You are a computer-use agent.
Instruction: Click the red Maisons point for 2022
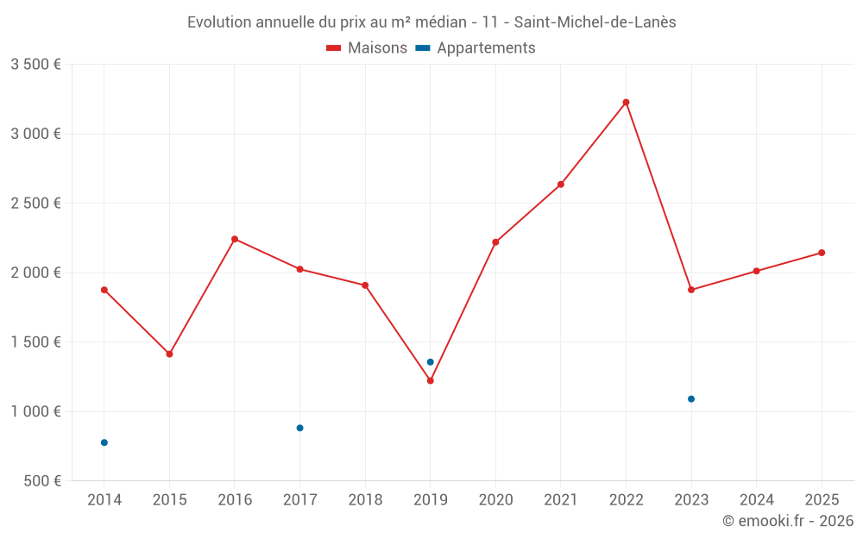tap(626, 103)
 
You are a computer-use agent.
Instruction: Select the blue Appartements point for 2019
tap(430, 362)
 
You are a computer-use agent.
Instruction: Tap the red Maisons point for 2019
tap(430, 380)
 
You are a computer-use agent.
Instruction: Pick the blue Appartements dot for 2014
tap(104, 442)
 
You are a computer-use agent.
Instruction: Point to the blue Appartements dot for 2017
tap(299, 428)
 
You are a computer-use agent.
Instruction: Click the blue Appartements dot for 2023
tap(691, 399)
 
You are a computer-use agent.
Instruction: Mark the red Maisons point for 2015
tap(169, 354)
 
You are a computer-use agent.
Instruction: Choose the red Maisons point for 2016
tap(235, 239)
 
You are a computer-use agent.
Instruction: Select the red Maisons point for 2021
tap(561, 185)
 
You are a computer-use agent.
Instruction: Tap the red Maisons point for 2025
tap(822, 253)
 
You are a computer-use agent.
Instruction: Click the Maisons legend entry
tap(367, 48)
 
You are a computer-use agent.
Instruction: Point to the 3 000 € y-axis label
tap(35, 134)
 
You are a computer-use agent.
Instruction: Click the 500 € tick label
tap(41, 481)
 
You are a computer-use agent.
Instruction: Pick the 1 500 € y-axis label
tap(35, 342)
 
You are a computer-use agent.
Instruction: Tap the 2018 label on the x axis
tap(365, 500)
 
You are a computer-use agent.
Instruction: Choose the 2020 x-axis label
tap(495, 500)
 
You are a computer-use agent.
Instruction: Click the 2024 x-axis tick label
tap(756, 500)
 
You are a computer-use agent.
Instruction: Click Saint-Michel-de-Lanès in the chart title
tap(595, 22)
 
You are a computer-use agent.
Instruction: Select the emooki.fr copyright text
tap(788, 521)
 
